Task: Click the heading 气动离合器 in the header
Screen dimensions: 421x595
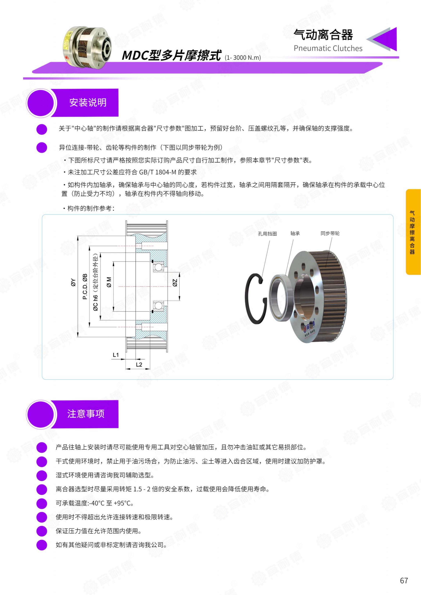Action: coord(323,35)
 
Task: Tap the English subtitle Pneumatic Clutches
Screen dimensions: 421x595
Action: coord(328,48)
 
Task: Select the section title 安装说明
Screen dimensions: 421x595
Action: coord(88,102)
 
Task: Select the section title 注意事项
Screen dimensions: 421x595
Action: coord(86,414)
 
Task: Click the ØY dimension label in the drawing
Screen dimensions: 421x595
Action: coord(73,282)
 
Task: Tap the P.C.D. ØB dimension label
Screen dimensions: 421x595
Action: coord(85,286)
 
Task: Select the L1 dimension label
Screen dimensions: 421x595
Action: coord(116,355)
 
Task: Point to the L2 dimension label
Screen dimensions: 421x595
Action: coord(139,364)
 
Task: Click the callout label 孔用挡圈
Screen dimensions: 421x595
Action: coord(267,234)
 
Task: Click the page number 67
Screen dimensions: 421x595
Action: coord(404,580)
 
